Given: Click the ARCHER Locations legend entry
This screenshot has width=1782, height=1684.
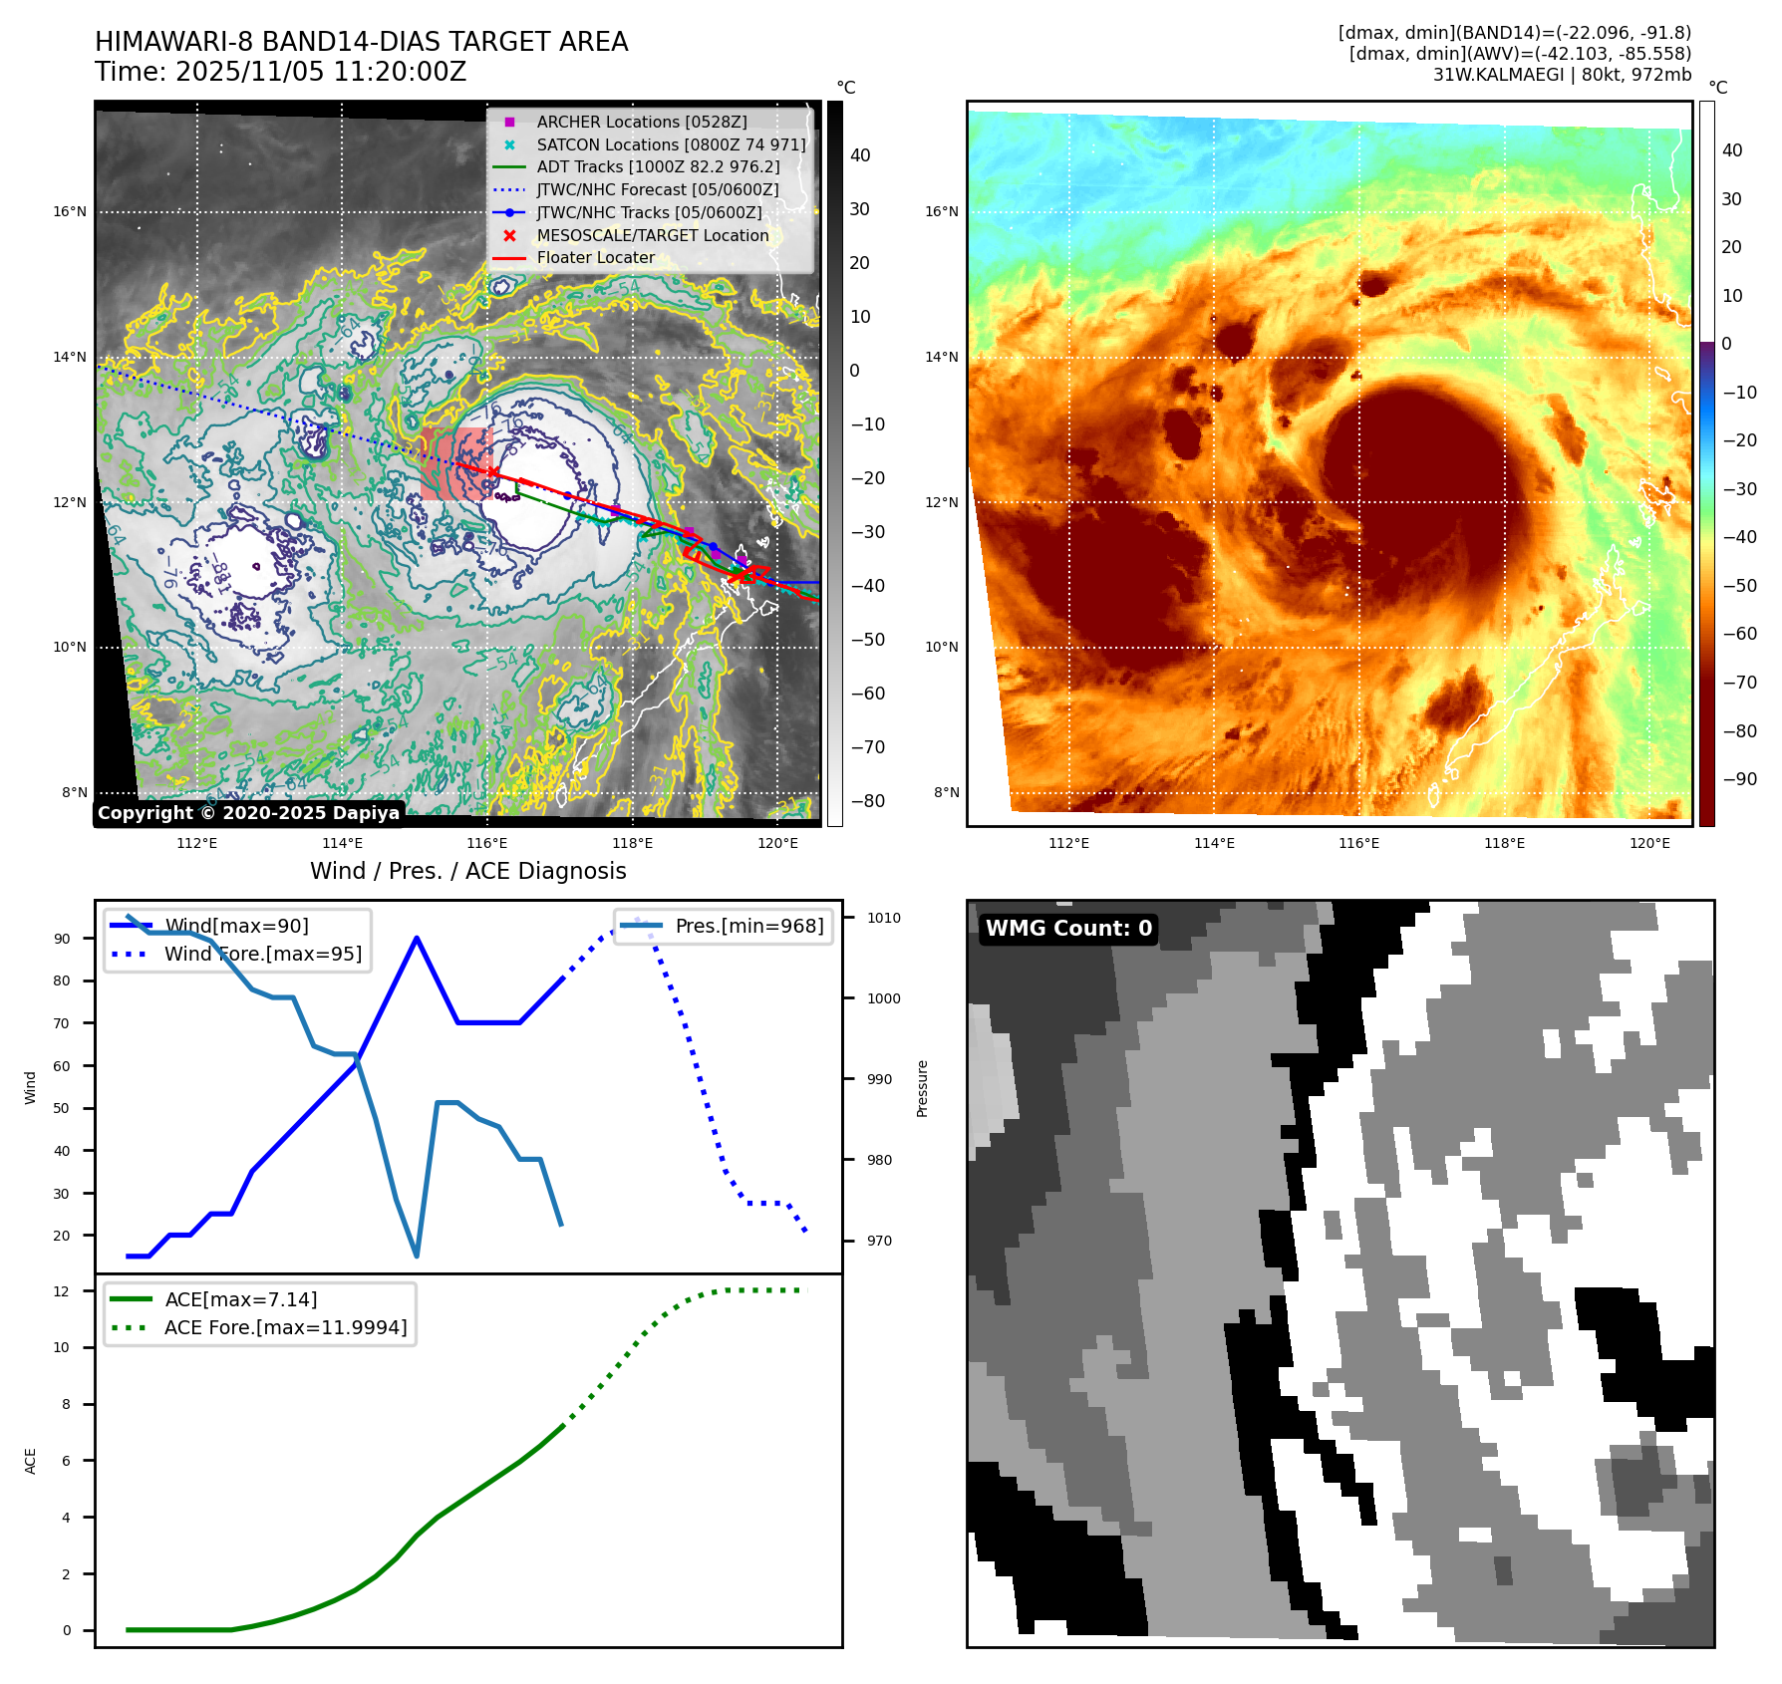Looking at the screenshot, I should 641,122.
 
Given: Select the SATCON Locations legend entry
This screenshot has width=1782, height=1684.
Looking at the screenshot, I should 671,144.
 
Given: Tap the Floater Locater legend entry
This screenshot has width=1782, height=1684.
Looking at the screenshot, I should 595,257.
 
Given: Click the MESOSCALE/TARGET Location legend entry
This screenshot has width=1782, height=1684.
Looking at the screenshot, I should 652,235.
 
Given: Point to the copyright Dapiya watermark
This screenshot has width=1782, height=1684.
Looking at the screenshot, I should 248,813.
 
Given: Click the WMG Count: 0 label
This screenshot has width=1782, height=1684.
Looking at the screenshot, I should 1068,929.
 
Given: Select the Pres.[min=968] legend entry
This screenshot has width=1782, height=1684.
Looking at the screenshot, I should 748,926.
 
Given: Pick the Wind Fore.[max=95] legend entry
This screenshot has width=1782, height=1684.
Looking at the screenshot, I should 262,954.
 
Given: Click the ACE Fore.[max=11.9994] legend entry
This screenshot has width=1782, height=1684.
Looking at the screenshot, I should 285,1327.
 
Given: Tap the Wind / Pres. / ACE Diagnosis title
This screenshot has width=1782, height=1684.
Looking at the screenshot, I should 468,871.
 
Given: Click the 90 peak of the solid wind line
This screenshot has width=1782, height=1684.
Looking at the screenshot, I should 417,938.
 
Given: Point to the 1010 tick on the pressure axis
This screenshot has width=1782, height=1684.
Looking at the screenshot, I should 883,918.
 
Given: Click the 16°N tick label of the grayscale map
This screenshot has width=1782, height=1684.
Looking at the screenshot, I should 70,211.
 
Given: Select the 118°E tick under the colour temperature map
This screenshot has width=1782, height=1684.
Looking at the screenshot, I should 1504,843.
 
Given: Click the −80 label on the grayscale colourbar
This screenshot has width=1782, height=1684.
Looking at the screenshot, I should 867,800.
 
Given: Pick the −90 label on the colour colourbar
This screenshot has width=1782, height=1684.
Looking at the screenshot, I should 1740,778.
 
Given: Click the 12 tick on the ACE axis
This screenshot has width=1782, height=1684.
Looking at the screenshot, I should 62,1291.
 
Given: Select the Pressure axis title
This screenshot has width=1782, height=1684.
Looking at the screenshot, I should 922,1088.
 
